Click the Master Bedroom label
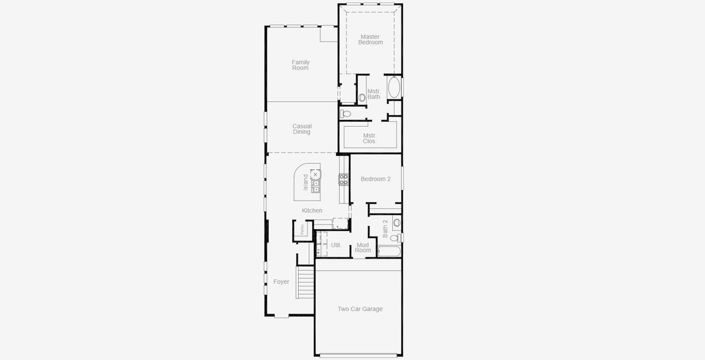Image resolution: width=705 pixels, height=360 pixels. click(x=370, y=40)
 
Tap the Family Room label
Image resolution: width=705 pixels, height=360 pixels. click(x=301, y=65)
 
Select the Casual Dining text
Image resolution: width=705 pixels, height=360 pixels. click(x=302, y=129)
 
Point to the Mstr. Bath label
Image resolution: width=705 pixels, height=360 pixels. click(x=374, y=94)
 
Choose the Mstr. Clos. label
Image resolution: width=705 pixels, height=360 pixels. click(x=370, y=139)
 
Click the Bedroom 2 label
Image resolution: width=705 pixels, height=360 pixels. click(x=376, y=179)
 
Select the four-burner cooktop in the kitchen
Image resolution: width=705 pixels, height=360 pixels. click(x=344, y=179)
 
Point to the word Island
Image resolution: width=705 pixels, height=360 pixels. click(x=306, y=182)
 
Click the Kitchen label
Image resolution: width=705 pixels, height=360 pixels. click(x=312, y=211)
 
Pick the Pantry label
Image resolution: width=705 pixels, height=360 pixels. click(x=303, y=229)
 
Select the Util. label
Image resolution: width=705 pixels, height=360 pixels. click(x=336, y=245)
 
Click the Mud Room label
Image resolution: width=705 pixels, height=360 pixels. click(x=363, y=247)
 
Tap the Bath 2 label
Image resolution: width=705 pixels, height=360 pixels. click(x=385, y=228)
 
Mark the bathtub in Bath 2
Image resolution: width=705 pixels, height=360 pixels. click(x=389, y=251)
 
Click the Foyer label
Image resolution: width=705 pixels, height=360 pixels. click(x=281, y=282)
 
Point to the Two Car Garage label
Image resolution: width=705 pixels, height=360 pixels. click(x=360, y=309)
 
